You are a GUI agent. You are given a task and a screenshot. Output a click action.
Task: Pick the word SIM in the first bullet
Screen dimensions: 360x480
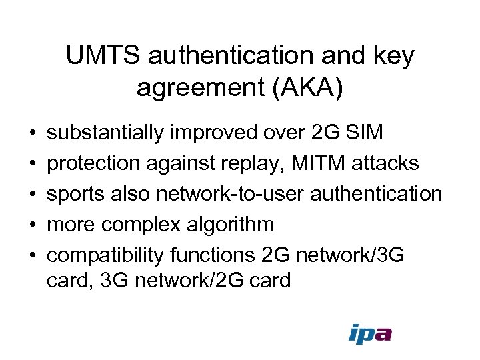(x=365, y=133)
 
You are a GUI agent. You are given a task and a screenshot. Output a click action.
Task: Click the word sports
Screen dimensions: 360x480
(x=75, y=194)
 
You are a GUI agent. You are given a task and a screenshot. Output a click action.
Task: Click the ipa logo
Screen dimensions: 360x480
(x=369, y=333)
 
